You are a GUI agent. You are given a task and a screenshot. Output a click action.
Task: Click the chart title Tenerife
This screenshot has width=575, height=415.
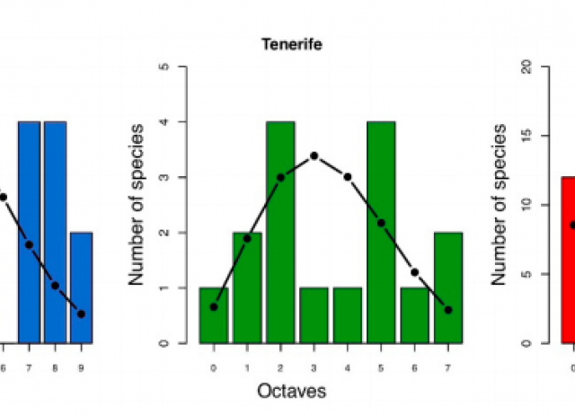(x=285, y=43)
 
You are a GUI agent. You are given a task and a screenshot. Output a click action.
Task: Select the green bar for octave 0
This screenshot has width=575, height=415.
(x=214, y=315)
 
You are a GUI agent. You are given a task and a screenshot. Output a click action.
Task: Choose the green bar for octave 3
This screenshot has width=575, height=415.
(x=314, y=315)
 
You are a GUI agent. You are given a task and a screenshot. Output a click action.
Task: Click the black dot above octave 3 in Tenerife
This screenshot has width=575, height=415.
(x=314, y=155)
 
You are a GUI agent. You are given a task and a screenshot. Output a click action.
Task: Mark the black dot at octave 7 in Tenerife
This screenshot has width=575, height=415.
(x=447, y=310)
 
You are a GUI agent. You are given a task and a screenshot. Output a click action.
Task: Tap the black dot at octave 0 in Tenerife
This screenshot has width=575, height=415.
(x=214, y=306)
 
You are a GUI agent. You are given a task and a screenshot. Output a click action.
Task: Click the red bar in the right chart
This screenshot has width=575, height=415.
(x=568, y=260)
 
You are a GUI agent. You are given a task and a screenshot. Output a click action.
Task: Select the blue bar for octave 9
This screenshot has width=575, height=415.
(x=81, y=287)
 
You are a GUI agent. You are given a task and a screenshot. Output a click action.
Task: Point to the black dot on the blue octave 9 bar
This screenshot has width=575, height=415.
(x=81, y=313)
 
